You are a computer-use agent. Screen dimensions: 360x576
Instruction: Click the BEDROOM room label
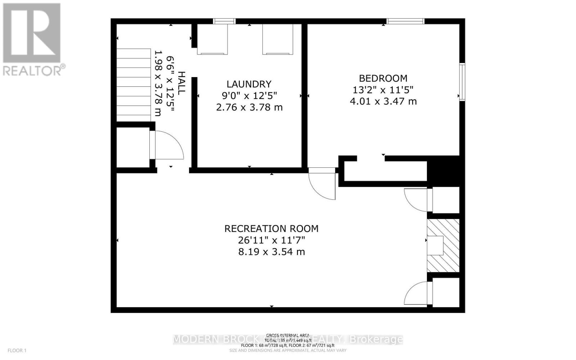[383, 78]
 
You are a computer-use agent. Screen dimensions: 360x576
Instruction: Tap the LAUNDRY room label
[249, 84]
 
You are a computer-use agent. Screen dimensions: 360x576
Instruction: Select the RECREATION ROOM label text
[271, 229]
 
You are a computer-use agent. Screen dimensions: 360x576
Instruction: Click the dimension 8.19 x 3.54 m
[271, 252]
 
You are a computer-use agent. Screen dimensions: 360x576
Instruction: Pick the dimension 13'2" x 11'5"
[383, 90]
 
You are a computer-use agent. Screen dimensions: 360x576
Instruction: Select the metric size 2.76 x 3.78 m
[249, 107]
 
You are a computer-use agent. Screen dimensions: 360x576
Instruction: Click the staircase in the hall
[134, 85]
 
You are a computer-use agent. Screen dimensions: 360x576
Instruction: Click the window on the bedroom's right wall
[462, 82]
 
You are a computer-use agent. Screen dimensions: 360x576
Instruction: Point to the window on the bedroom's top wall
[405, 21]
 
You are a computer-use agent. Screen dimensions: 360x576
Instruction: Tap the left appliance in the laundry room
[212, 40]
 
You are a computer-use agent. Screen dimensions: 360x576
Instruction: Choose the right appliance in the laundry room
[277, 40]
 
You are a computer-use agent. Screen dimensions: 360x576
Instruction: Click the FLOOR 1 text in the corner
[17, 350]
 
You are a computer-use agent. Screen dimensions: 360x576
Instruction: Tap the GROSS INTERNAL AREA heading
[288, 335]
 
